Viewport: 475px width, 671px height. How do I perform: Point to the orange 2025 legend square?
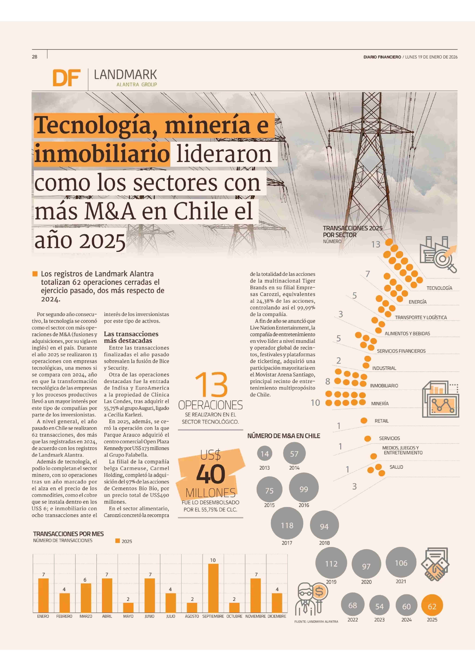tap(118, 541)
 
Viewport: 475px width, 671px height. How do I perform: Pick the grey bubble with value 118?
tap(287, 525)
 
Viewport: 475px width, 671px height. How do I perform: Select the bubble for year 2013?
tap(264, 454)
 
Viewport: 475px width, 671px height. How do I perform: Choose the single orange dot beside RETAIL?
tap(364, 420)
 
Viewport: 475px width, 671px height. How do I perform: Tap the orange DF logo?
tap(66, 78)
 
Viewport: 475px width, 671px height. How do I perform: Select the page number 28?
tap(35, 57)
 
